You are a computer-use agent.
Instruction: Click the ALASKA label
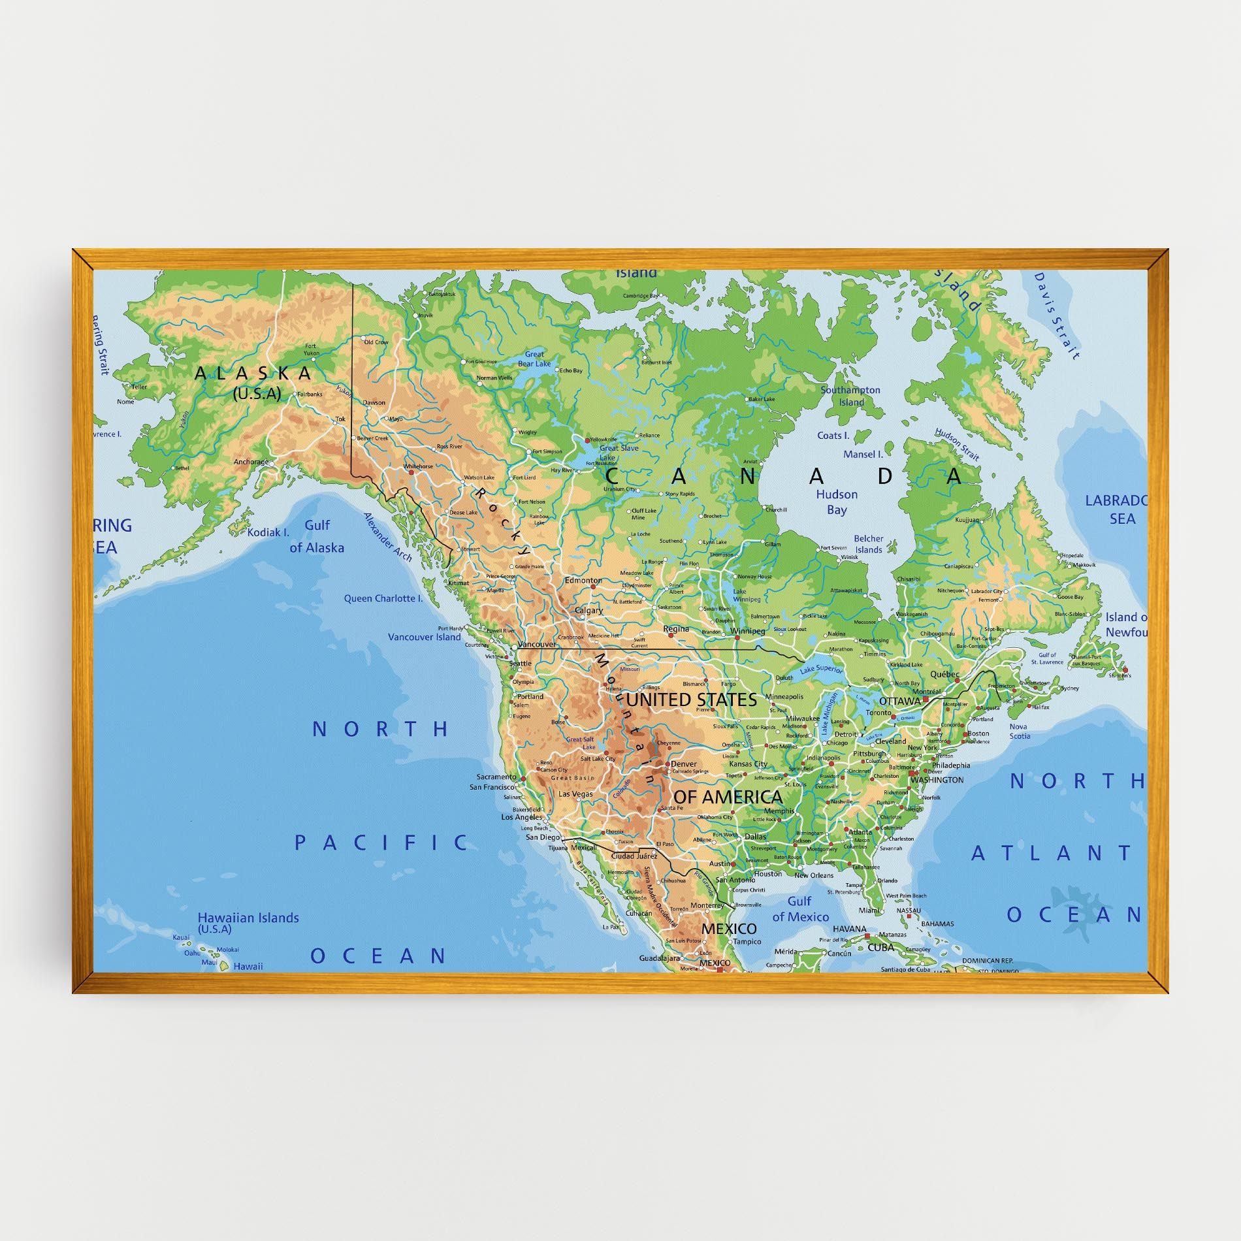coord(253,374)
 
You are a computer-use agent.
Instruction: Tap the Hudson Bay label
coord(836,502)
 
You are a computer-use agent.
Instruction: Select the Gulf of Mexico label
coord(800,909)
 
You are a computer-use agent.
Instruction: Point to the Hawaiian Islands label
coord(248,918)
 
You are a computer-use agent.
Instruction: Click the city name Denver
coord(683,764)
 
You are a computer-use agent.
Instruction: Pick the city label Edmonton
coord(583,580)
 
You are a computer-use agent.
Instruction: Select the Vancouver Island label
coord(424,637)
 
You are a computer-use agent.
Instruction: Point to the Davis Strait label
coord(1056,315)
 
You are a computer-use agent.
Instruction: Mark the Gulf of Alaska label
coord(317,536)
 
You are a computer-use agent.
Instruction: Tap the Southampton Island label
coord(850,396)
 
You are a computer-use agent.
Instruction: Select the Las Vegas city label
coord(576,794)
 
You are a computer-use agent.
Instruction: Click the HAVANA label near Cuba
coord(849,929)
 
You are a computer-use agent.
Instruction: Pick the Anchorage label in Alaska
coord(251,462)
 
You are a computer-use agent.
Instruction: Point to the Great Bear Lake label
coord(534,359)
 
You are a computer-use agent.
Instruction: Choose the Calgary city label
coord(588,611)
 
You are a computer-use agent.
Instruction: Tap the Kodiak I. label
coord(268,532)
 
